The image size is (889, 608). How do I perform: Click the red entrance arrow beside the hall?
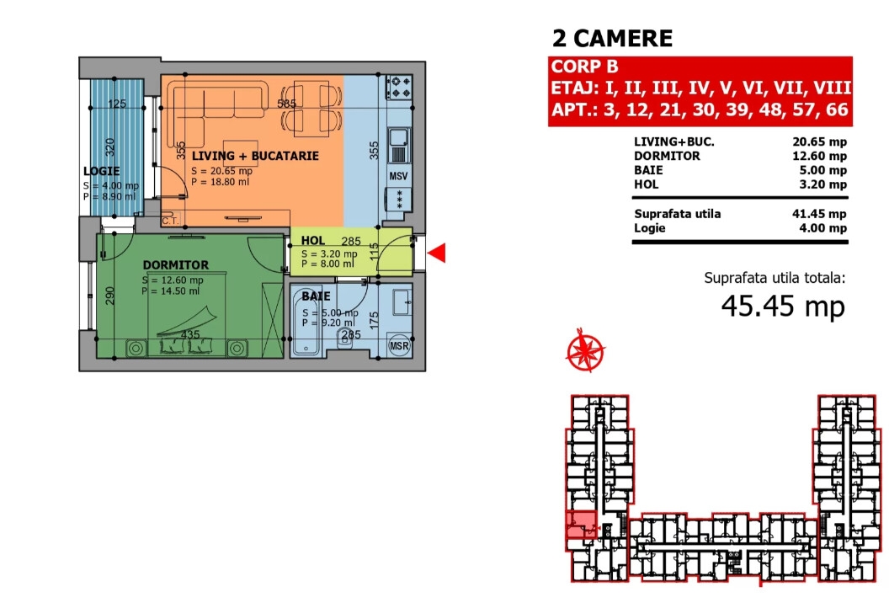click(x=437, y=253)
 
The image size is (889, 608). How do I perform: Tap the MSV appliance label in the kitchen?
click(x=398, y=176)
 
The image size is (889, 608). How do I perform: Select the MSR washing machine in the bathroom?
click(x=399, y=345)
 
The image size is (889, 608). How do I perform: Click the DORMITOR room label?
click(x=176, y=265)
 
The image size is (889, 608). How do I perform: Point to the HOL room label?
click(x=313, y=241)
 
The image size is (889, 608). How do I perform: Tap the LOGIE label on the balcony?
click(x=102, y=171)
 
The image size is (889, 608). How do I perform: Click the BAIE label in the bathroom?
click(x=316, y=296)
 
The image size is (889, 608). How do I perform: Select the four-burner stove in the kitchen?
click(x=399, y=87)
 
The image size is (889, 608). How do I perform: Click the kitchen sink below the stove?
click(x=399, y=146)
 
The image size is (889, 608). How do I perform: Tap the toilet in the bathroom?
click(x=345, y=339)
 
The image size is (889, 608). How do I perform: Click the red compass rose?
click(x=586, y=350)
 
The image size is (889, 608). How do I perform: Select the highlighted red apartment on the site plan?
click(x=581, y=525)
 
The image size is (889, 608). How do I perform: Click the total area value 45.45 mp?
click(x=783, y=306)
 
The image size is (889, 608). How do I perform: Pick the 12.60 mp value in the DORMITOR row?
click(x=819, y=156)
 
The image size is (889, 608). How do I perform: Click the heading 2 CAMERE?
click(x=612, y=39)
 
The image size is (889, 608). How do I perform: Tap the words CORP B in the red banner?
click(x=584, y=67)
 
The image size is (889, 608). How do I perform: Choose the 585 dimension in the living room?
click(x=286, y=104)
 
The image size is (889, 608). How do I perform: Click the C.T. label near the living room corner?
click(x=169, y=221)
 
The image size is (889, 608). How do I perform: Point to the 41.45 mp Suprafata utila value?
click(x=819, y=214)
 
